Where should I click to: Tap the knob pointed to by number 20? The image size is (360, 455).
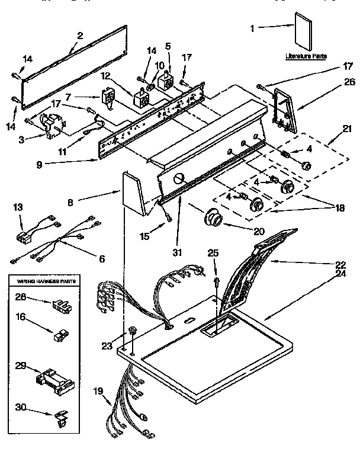pyautogui.click(x=213, y=219)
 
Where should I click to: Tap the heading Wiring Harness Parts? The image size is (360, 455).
pyautogui.click(x=44, y=278)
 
